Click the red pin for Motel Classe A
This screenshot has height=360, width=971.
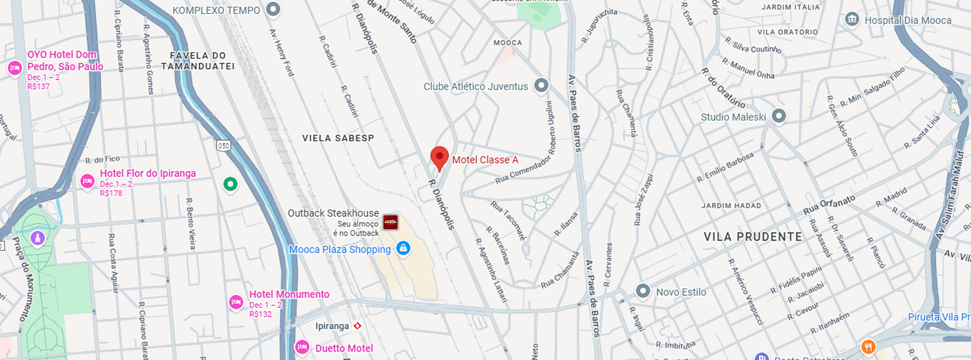(x=439, y=157)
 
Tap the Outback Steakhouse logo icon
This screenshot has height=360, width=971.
(x=390, y=222)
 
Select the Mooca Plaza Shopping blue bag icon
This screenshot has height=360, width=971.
(x=403, y=248)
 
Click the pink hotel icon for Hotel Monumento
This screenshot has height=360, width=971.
(x=236, y=302)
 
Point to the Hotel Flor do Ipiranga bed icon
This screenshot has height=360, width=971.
(x=87, y=181)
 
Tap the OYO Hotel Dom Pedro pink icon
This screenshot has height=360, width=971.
(x=15, y=67)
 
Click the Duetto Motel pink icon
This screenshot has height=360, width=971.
(x=302, y=347)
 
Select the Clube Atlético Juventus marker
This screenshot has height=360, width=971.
(x=541, y=86)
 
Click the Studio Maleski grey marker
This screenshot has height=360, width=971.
(x=779, y=116)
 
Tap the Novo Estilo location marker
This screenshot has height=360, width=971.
(x=643, y=291)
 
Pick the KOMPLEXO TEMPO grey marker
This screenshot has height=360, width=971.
(x=273, y=9)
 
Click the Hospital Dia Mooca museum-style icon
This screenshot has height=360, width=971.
(x=852, y=20)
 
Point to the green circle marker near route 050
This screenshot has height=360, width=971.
(x=230, y=184)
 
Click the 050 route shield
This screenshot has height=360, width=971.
(x=223, y=145)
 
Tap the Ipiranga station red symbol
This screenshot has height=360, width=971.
(x=358, y=326)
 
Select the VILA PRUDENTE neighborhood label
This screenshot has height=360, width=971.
(x=753, y=237)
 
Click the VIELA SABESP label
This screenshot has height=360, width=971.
(x=338, y=138)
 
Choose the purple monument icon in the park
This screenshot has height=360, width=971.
(x=38, y=238)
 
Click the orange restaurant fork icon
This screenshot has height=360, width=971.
(x=868, y=347)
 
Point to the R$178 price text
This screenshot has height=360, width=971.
(x=111, y=193)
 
